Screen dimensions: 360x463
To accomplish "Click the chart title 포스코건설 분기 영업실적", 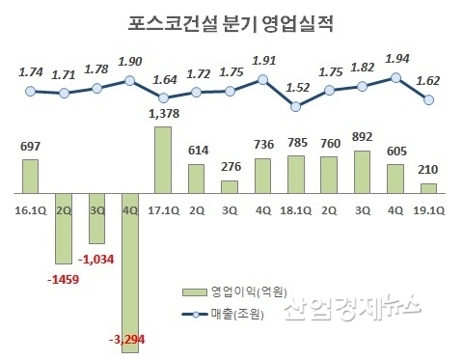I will (x=232, y=21).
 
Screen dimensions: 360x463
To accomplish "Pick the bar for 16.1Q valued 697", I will (x=31, y=177).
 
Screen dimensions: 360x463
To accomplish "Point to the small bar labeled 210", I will (x=428, y=189).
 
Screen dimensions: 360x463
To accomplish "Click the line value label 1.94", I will (x=395, y=59).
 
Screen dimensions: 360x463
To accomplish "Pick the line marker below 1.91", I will (x=262, y=82).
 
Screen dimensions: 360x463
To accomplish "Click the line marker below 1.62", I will (x=428, y=99).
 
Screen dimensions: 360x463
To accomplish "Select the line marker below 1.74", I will (x=31, y=91).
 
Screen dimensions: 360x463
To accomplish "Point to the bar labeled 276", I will (x=230, y=185).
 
